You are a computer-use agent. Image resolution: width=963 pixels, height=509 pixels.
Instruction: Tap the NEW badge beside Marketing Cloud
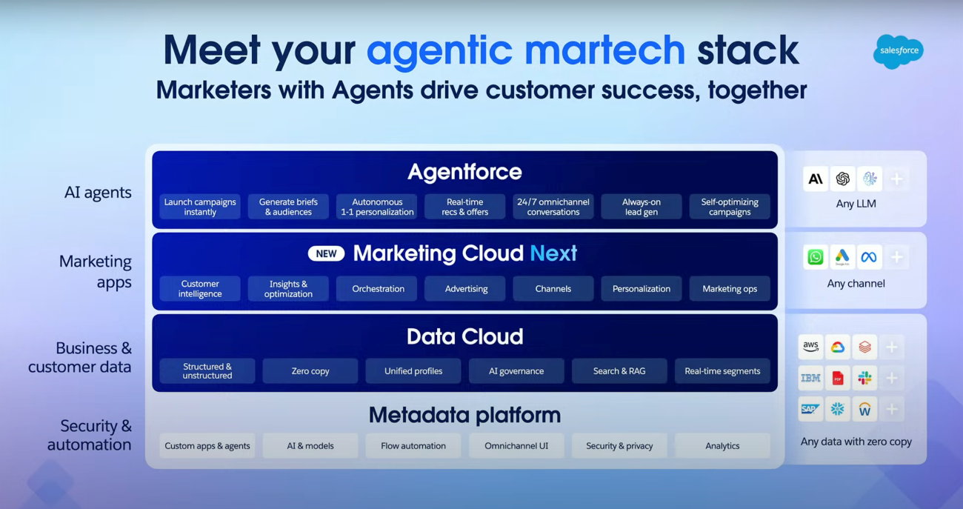click(x=326, y=253)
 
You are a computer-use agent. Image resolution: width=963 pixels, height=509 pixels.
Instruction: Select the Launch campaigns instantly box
click(x=200, y=207)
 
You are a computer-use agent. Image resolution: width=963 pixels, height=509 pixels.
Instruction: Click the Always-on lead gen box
click(x=642, y=207)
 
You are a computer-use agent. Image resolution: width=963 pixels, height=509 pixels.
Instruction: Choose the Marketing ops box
click(x=730, y=288)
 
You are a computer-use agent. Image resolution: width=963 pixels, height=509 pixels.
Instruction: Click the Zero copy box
click(x=310, y=370)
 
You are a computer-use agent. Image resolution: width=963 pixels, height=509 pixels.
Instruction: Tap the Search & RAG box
click(x=619, y=370)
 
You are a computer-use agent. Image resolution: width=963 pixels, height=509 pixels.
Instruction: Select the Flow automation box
click(x=413, y=446)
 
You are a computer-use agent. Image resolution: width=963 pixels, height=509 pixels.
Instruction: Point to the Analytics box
click(x=722, y=446)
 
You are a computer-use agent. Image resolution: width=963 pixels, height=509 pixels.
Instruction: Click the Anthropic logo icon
click(x=816, y=179)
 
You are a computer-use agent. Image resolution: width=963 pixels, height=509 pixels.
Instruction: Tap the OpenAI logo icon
click(x=843, y=179)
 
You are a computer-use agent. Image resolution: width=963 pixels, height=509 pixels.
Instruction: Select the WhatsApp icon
click(x=816, y=257)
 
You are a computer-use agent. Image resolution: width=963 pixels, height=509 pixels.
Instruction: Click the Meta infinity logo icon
click(x=869, y=257)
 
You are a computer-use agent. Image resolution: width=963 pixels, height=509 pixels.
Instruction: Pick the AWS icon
click(x=811, y=347)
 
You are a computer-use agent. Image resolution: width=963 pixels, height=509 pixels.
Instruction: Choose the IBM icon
click(x=811, y=378)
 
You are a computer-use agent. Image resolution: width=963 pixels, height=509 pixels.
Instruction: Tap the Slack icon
click(x=864, y=378)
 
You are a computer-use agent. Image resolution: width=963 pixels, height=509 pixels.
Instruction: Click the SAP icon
click(x=811, y=409)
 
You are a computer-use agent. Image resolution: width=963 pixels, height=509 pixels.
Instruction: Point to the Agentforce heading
click(x=464, y=172)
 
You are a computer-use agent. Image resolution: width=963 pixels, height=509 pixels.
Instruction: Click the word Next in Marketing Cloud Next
click(x=553, y=253)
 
